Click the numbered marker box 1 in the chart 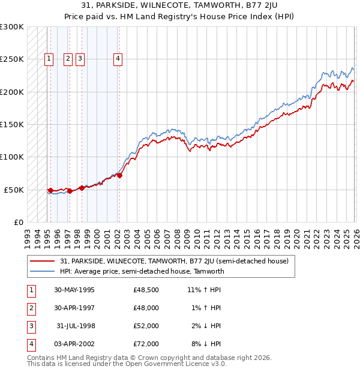[x=49, y=59]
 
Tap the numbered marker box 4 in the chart [x=118, y=59]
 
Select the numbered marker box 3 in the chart [x=80, y=59]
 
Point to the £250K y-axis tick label [x=12, y=59]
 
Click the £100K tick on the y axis [x=12, y=157]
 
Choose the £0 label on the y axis [x=17, y=222]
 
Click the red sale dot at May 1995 [x=51, y=190]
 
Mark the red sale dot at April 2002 [x=119, y=175]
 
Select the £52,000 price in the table [x=146, y=326]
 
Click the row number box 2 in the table [x=31, y=308]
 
